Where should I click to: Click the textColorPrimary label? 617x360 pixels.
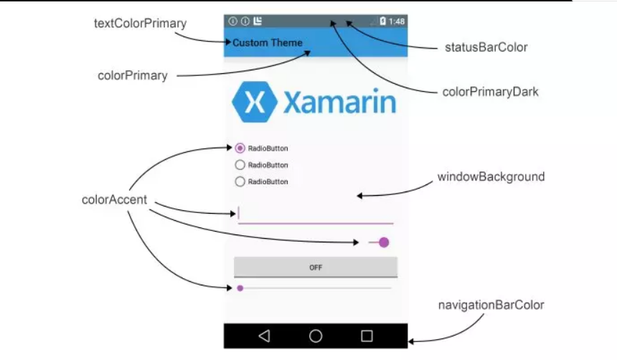140,24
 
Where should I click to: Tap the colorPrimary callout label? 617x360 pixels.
133,75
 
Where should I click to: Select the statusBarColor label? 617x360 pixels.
486,47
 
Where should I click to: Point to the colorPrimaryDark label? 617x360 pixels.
491,92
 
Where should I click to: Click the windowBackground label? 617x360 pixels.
491,176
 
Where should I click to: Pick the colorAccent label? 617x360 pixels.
114,200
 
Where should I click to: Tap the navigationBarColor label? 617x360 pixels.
491,305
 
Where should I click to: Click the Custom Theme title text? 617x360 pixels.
268,43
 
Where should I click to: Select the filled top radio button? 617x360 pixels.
240,148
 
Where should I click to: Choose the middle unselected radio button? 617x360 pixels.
240,165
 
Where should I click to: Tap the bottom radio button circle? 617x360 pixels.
240,181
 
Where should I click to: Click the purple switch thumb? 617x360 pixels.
384,242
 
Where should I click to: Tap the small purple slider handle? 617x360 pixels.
240,288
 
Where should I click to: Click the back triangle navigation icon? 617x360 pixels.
264,336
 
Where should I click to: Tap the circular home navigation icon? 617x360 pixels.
316,336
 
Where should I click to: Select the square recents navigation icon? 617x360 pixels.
367,336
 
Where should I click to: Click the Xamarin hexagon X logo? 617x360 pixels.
254,103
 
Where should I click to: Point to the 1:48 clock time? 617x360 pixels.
397,22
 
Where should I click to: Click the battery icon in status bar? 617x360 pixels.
383,22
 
